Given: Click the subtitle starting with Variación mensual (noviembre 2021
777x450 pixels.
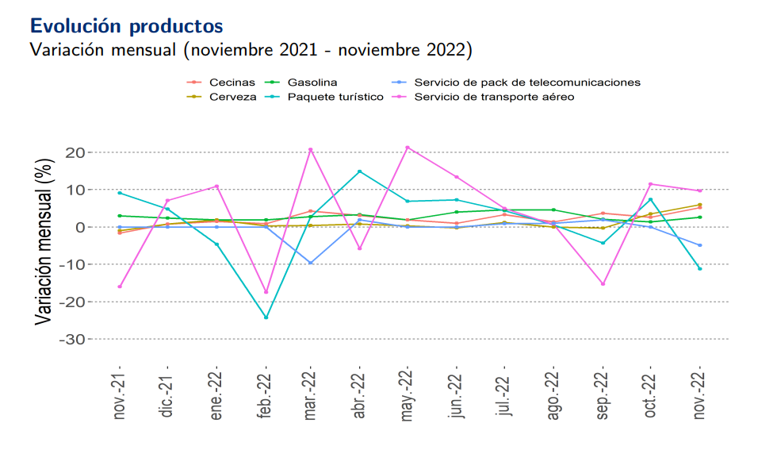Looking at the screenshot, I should point(251,50).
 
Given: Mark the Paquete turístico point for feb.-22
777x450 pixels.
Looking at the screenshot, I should point(266,317).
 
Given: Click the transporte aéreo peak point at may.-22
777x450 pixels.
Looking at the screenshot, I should point(408,148).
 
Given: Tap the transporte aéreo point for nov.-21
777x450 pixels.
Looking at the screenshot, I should point(120,287).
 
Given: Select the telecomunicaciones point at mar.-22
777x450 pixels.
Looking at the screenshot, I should point(311,263).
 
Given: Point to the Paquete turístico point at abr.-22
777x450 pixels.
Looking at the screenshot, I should point(360,171).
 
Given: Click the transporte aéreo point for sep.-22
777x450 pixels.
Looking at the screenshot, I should point(603,284).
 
